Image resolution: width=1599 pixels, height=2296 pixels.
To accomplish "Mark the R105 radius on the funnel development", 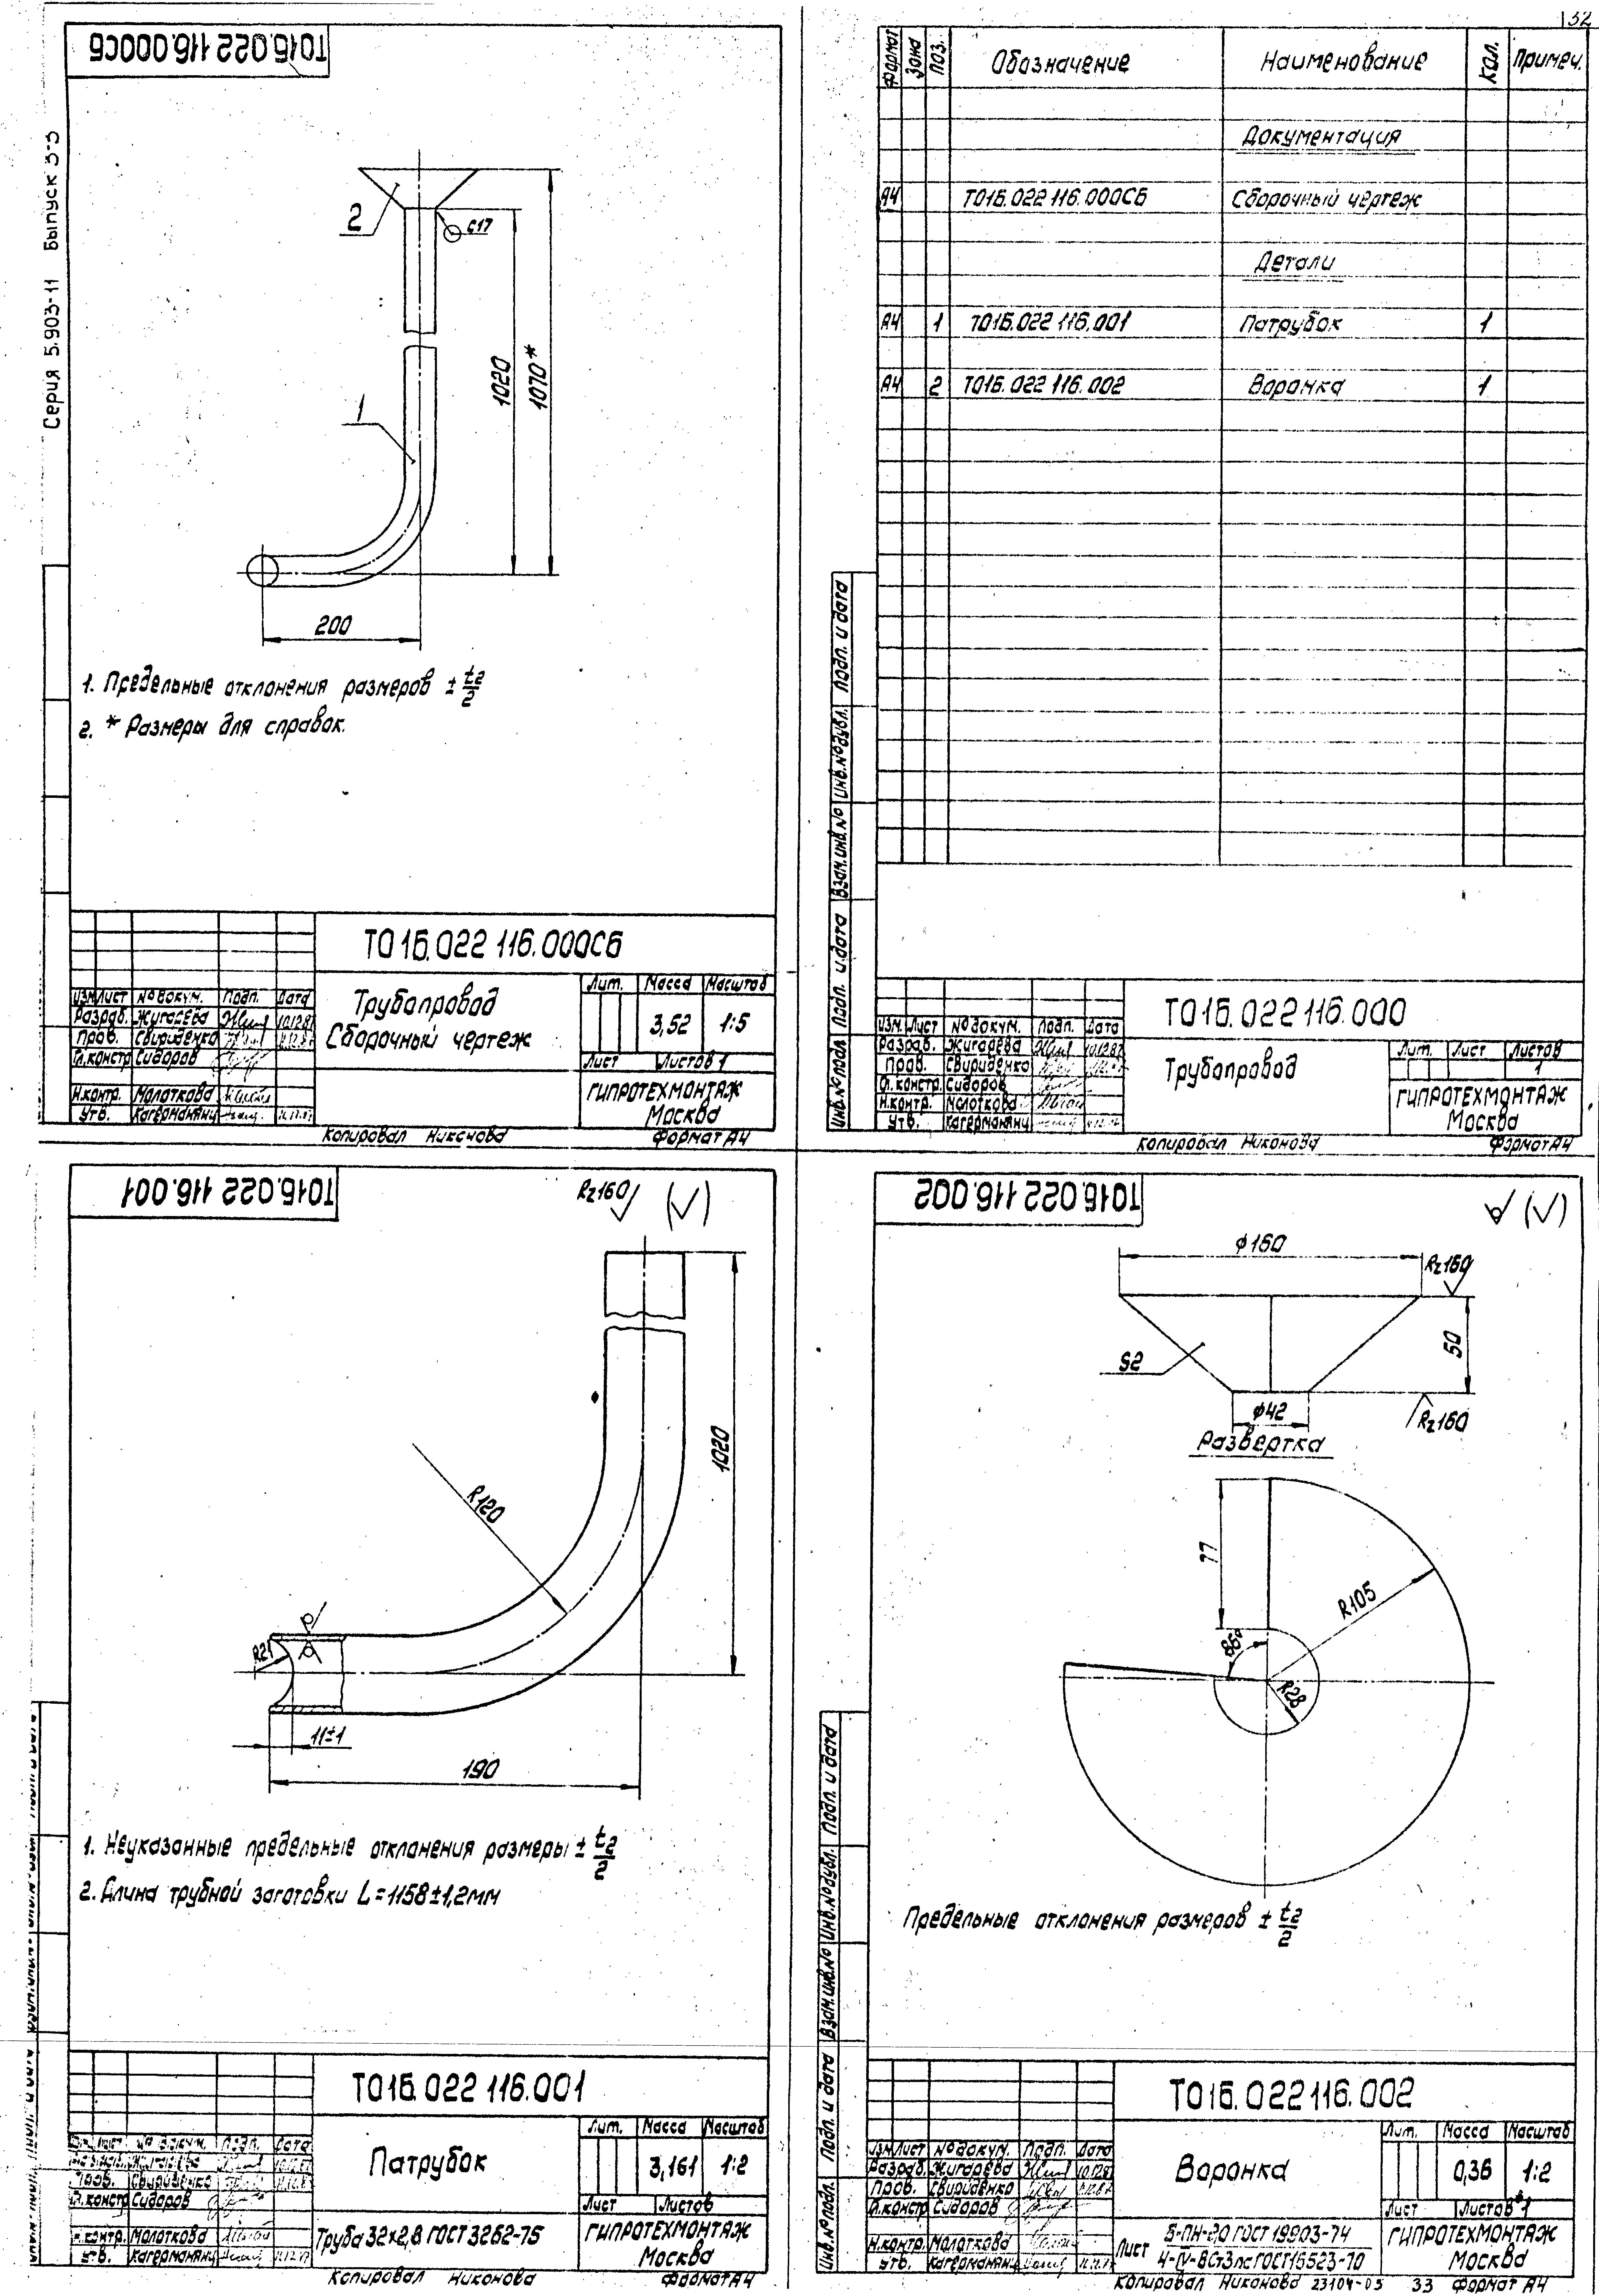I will [x=1357, y=1603].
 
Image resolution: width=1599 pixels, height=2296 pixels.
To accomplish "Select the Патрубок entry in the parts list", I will [x=1303, y=323].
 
